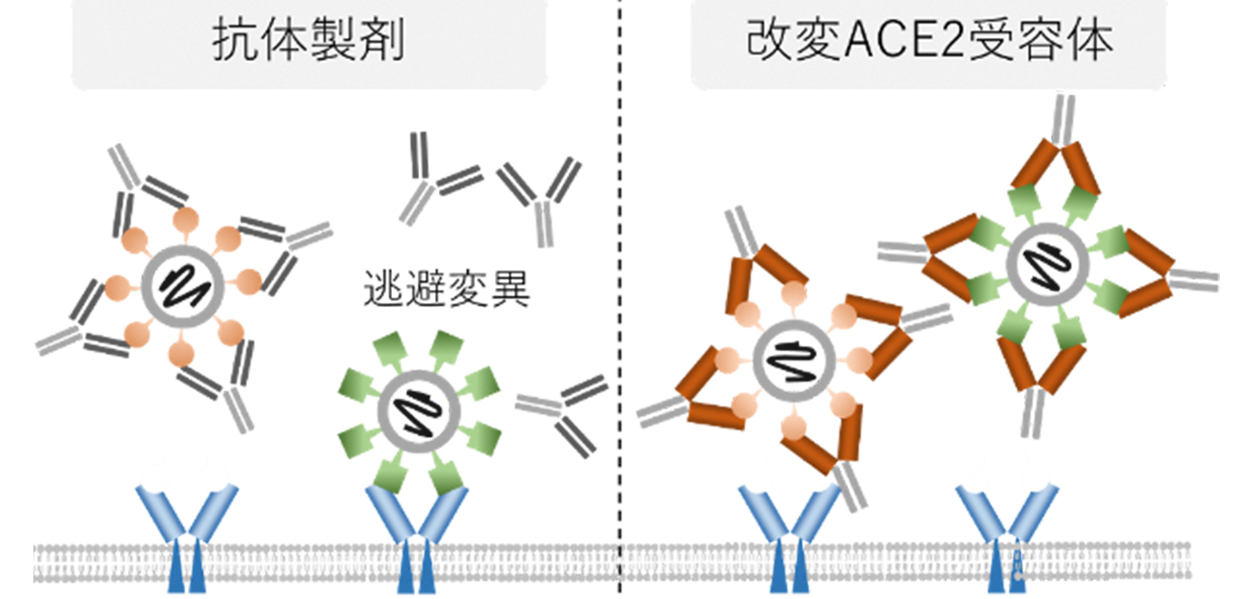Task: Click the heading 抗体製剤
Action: point(309,44)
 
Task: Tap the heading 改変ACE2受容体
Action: point(930,44)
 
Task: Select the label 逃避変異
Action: point(446,288)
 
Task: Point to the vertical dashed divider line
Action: point(621,286)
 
